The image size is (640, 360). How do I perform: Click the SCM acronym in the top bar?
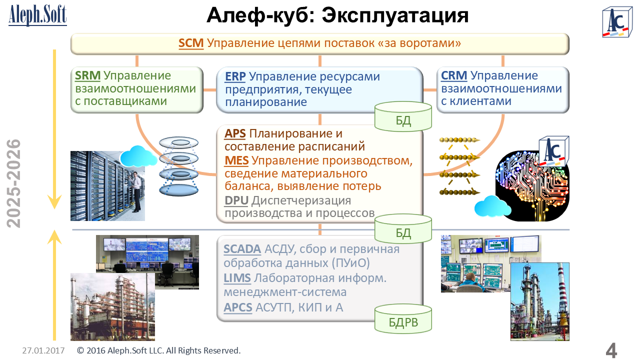pyautogui.click(x=191, y=43)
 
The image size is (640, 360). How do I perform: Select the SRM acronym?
pyautogui.click(x=87, y=76)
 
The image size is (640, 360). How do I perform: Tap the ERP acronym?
pyautogui.click(x=235, y=77)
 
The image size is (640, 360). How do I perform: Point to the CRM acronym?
pyautogui.click(x=454, y=76)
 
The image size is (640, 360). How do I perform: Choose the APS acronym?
pyautogui.click(x=235, y=134)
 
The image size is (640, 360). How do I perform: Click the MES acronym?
pyautogui.click(x=236, y=160)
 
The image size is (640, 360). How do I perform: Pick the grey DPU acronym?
pyautogui.click(x=236, y=200)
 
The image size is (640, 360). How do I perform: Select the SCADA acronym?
pyautogui.click(x=242, y=249)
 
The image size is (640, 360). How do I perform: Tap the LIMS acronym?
pyautogui.click(x=236, y=278)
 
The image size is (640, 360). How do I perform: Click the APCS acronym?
pyautogui.click(x=238, y=307)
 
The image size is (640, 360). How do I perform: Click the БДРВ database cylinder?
pyautogui.click(x=403, y=318)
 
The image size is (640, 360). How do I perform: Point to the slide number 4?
pyautogui.click(x=611, y=350)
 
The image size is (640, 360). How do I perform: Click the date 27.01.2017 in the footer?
pyautogui.click(x=43, y=350)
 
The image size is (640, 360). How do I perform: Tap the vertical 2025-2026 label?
pyautogui.click(x=15, y=183)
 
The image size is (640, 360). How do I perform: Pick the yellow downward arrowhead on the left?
pyautogui.click(x=54, y=202)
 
